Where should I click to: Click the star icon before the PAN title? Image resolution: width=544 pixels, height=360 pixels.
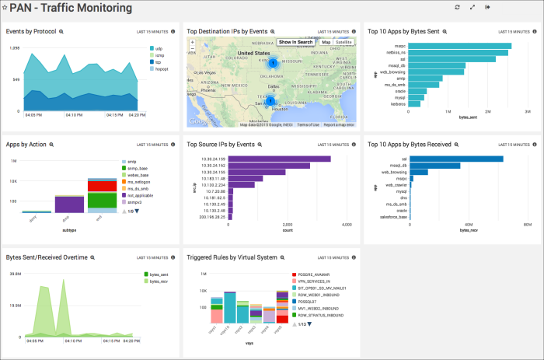[5, 8]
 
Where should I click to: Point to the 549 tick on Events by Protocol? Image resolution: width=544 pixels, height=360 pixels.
[15, 79]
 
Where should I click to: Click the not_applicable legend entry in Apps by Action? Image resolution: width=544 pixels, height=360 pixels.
[141, 196]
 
